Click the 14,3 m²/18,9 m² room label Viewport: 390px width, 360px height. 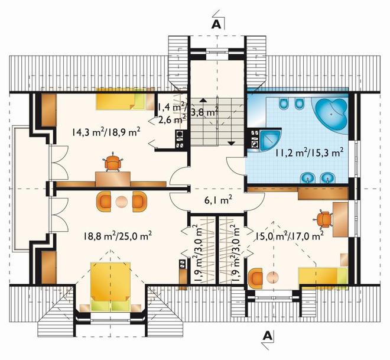[x=106, y=131]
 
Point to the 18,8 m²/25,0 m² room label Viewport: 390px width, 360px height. [x=118, y=235]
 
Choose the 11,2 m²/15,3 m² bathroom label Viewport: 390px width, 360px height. [x=309, y=152]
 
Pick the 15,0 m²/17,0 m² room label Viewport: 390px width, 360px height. [x=290, y=235]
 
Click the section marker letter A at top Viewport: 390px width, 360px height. [x=216, y=24]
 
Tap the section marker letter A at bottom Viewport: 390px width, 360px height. [x=268, y=336]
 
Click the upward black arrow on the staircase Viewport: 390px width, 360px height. [x=203, y=100]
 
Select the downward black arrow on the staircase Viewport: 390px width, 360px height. [x=231, y=143]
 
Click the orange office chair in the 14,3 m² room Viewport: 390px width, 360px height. [x=113, y=163]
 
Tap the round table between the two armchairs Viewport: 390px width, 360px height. [x=121, y=202]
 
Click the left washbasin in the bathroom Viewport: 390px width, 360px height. [x=308, y=178]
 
